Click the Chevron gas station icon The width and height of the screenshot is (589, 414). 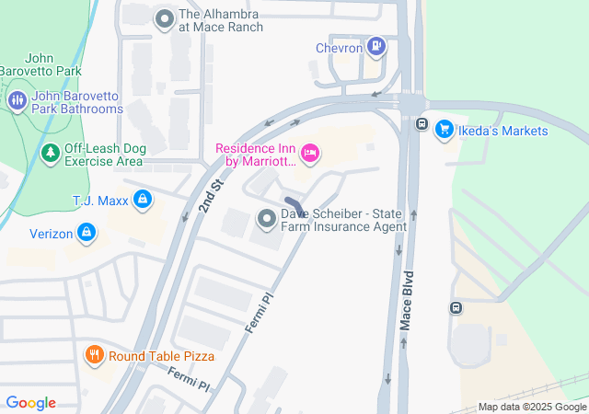tap(375, 45)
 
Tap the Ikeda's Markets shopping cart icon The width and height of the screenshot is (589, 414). tap(445, 130)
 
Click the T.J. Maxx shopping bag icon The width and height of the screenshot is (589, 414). tap(142, 199)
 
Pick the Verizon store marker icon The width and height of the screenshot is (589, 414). tap(87, 233)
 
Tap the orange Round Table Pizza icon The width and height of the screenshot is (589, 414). tap(94, 355)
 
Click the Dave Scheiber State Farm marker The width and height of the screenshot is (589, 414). tap(267, 218)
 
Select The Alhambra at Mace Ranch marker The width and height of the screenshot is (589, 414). tap(165, 18)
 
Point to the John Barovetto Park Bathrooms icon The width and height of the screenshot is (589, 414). tap(17, 100)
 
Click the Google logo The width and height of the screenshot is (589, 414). tap(30, 403)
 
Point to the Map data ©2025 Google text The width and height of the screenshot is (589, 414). tap(531, 408)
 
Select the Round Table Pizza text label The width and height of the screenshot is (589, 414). tap(161, 356)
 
